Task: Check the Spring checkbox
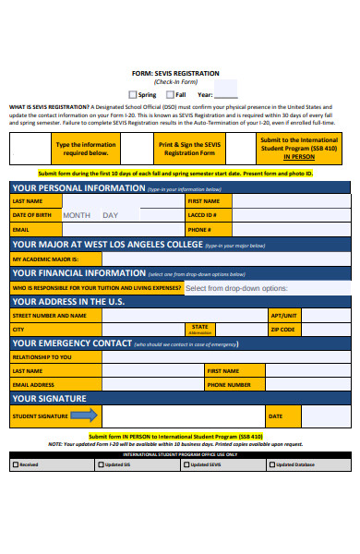pyautogui.click(x=133, y=94)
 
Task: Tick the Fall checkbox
pyautogui.click(x=170, y=94)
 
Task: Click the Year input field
pyautogui.click(x=226, y=94)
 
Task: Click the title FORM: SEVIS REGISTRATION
pyautogui.click(x=175, y=73)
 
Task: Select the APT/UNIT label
pyautogui.click(x=283, y=315)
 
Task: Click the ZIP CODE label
pyautogui.click(x=282, y=329)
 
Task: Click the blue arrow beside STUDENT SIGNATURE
pyautogui.click(x=83, y=416)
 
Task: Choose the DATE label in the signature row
pyautogui.click(x=275, y=416)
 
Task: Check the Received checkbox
pyautogui.click(x=14, y=464)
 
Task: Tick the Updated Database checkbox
pyautogui.click(x=271, y=464)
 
